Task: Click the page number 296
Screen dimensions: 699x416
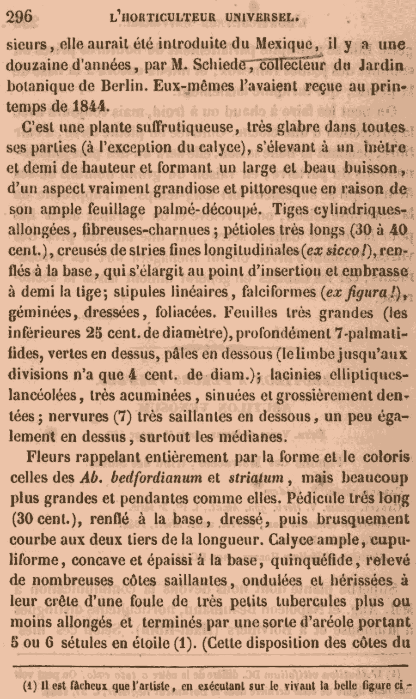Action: (x=19, y=17)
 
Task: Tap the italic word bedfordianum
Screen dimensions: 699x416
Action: (x=158, y=478)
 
